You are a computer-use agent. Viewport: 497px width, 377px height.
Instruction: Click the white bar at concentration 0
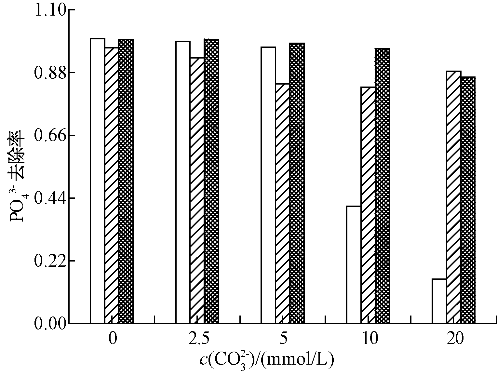click(98, 181)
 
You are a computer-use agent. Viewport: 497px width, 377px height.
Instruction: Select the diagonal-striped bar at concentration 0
click(112, 185)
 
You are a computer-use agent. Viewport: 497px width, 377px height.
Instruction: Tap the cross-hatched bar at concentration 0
click(126, 181)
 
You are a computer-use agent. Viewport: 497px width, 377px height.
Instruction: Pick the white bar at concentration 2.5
click(183, 182)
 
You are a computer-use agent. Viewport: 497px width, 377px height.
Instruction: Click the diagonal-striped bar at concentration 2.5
click(197, 190)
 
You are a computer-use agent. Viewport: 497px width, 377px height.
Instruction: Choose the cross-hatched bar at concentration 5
click(297, 183)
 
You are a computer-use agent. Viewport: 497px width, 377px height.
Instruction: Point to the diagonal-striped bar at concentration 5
click(283, 203)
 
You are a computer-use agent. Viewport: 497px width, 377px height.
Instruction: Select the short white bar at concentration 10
click(354, 264)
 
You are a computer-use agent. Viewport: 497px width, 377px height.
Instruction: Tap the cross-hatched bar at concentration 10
click(383, 186)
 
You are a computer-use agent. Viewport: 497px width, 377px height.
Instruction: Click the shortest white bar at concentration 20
click(439, 301)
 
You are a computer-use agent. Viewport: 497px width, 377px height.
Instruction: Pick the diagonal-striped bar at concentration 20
click(454, 197)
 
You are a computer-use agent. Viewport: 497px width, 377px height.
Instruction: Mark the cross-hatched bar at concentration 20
click(468, 200)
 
